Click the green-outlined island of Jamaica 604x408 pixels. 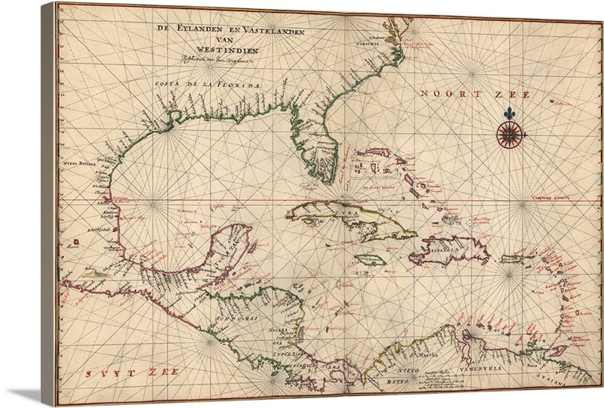[x=371, y=259]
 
